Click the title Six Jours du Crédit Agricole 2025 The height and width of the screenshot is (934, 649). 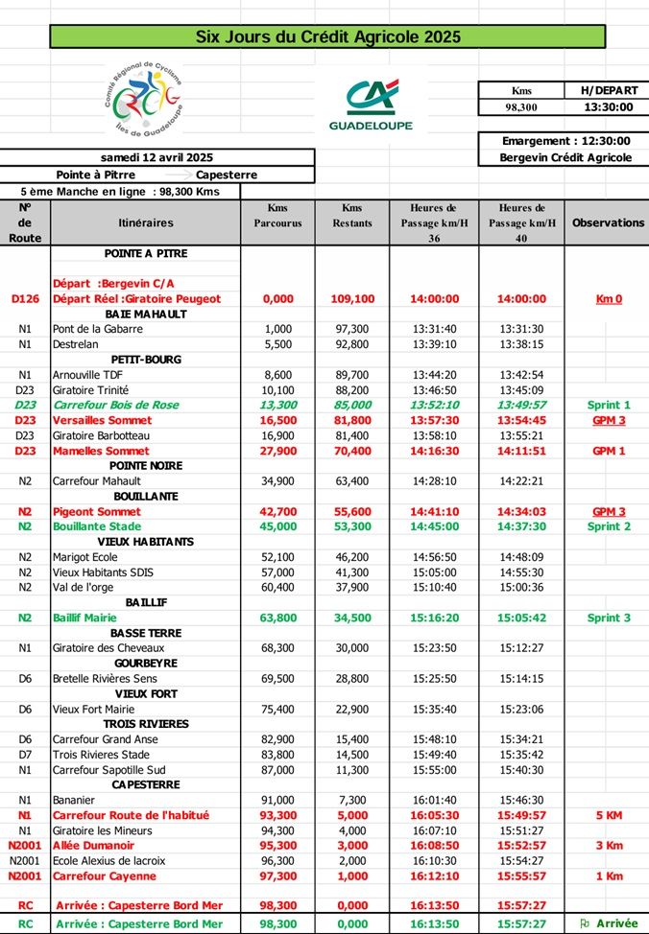327,37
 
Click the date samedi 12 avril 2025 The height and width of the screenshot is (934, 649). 157,157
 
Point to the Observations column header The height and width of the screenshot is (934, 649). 607,222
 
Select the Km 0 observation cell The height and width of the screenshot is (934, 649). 608,299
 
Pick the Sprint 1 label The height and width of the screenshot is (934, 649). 608,406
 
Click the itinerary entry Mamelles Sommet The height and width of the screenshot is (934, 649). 101,451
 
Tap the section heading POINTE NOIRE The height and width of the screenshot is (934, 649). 146,466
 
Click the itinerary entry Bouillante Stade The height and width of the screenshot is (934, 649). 97,526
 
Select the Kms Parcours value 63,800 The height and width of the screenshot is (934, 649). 277,618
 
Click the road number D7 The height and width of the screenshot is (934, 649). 25,755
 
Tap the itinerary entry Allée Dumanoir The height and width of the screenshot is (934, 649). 93,846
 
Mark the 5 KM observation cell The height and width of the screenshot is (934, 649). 608,815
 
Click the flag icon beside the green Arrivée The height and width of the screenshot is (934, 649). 585,923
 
